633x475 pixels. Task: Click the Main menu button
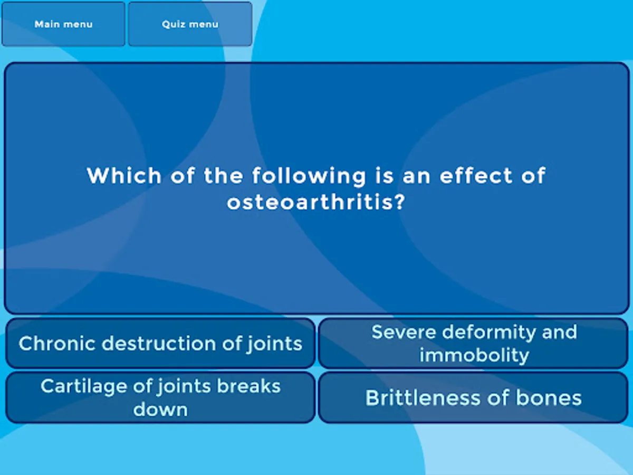coord(63,24)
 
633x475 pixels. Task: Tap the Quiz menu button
coord(190,24)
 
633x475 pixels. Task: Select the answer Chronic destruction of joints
coord(160,343)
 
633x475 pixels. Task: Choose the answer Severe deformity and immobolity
coord(474,343)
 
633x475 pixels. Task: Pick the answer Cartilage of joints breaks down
coord(160,398)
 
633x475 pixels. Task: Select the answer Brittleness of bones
coord(474,398)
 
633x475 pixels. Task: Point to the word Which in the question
coord(124,175)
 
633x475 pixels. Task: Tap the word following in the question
coord(309,176)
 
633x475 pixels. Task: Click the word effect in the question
coord(476,175)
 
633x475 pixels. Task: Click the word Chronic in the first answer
coord(57,343)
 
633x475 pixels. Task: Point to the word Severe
coord(404,332)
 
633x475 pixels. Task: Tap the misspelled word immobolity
coord(474,355)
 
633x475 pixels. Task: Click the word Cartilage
coord(84,386)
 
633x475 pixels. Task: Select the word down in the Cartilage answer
coord(160,409)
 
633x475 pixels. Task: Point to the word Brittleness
coord(423,398)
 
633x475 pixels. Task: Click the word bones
coord(549,398)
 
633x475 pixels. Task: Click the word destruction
coord(159,343)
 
